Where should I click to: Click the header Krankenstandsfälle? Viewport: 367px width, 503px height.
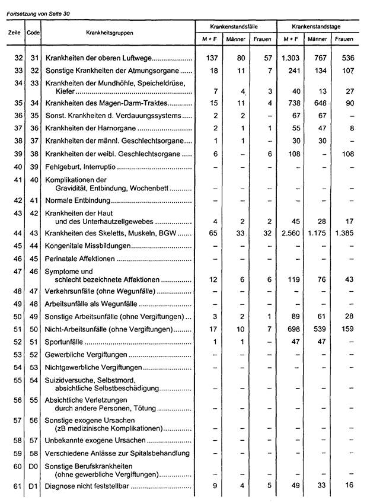pyautogui.click(x=235, y=27)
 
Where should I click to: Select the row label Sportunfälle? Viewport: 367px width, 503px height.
pyautogui.click(x=65, y=342)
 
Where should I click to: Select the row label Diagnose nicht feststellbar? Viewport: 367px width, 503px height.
pyautogui.click(x=87, y=487)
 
